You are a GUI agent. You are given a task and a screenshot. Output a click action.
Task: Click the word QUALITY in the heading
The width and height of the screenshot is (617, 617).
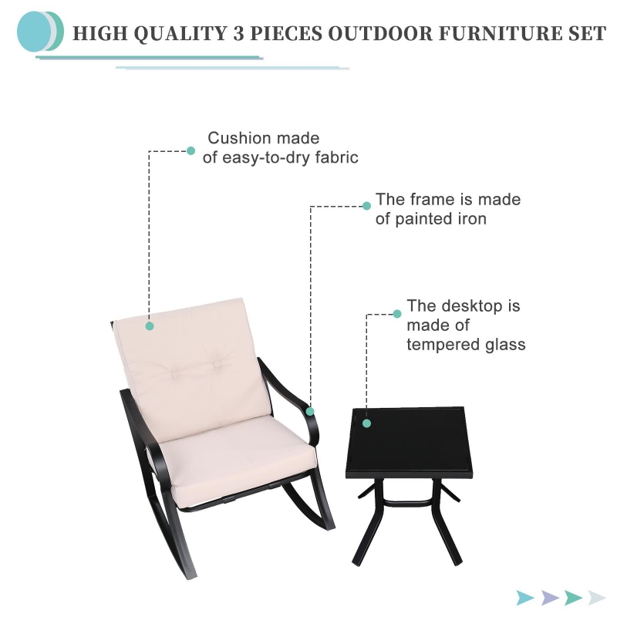click(180, 33)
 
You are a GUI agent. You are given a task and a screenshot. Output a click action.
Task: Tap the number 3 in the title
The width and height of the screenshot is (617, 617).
click(238, 33)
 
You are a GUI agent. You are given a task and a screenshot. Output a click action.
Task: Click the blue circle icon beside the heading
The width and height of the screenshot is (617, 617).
click(33, 32)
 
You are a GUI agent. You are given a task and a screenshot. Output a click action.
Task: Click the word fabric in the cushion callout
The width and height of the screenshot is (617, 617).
click(336, 157)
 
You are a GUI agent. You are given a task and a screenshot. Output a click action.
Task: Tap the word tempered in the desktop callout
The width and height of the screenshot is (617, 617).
click(443, 345)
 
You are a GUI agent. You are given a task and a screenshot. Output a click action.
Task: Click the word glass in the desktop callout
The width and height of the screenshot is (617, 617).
click(505, 345)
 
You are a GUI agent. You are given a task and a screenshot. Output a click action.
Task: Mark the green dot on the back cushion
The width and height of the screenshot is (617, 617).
click(150, 325)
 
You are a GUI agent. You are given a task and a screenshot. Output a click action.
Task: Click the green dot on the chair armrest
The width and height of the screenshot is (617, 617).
click(310, 411)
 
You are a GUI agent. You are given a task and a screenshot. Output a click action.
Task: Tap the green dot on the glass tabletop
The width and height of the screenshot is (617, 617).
click(367, 423)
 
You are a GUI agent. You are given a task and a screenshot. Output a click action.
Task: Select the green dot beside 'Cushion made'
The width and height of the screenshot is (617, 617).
click(190, 150)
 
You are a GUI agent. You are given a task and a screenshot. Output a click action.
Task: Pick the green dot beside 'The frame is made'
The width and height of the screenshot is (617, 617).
click(367, 206)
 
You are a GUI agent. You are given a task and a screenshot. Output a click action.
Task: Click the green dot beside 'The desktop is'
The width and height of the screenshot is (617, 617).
click(397, 314)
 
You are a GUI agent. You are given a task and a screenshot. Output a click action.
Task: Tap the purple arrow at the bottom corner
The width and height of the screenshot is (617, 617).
click(550, 598)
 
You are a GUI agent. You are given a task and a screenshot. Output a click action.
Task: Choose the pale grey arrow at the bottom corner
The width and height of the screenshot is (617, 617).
click(597, 598)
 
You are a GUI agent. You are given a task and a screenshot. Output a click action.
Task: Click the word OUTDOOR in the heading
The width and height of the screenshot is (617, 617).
click(380, 33)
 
